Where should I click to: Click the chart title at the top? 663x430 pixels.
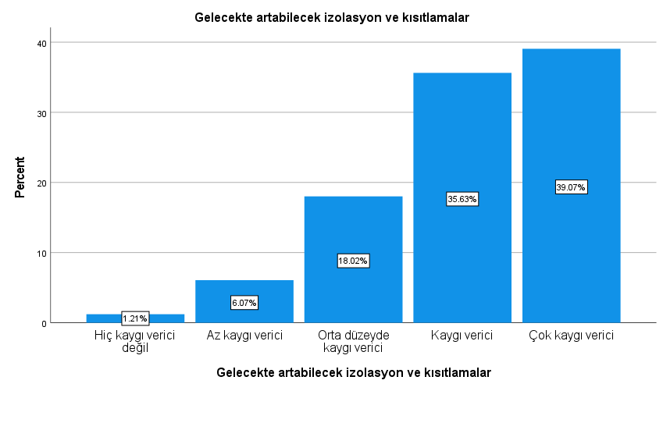pos(331,18)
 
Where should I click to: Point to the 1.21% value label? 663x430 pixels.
pos(135,318)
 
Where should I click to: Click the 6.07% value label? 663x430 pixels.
pos(244,302)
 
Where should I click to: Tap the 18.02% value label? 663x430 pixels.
pos(353,261)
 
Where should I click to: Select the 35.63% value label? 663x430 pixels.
pos(462,199)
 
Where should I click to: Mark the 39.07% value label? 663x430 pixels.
pos(571,187)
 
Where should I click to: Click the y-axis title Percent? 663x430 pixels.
pos(20,178)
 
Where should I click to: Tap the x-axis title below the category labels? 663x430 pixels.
pos(354,373)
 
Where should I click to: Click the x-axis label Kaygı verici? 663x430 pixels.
pos(462,336)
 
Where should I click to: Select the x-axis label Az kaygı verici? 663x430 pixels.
pos(244,336)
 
